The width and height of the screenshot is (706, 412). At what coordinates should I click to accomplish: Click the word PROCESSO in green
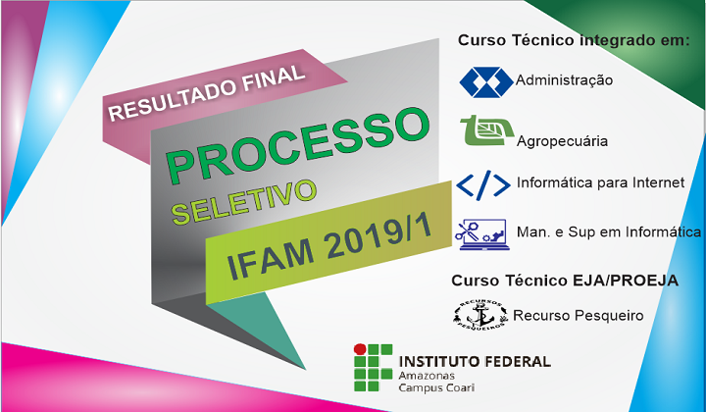pyautogui.click(x=298, y=144)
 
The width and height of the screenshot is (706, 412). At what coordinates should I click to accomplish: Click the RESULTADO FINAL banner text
pyautogui.click(x=207, y=93)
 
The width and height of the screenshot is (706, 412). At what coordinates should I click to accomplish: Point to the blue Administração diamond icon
pyautogui.click(x=486, y=82)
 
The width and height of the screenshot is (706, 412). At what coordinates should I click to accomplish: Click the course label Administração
pyautogui.click(x=564, y=80)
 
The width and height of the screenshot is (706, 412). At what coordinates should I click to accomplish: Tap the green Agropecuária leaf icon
pyautogui.click(x=486, y=130)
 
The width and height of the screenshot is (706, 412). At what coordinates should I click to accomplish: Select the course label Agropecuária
pyautogui.click(x=562, y=141)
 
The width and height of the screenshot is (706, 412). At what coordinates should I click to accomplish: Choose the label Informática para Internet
pyautogui.click(x=601, y=182)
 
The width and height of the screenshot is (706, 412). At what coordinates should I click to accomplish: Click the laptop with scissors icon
pyautogui.click(x=482, y=234)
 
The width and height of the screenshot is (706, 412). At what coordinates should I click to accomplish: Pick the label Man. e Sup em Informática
pyautogui.click(x=609, y=232)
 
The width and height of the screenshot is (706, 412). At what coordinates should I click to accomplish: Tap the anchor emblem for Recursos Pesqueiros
pyautogui.click(x=479, y=315)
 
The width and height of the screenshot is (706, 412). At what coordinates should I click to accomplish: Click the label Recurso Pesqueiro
pyautogui.click(x=579, y=316)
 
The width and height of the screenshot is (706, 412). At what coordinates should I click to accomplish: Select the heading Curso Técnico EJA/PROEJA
pyautogui.click(x=565, y=281)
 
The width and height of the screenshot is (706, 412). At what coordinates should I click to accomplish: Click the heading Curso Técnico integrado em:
pyautogui.click(x=574, y=41)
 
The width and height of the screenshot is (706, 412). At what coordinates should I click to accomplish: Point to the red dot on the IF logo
pyautogui.click(x=360, y=349)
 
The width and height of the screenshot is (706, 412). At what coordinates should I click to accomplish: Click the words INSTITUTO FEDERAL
pyautogui.click(x=475, y=362)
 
